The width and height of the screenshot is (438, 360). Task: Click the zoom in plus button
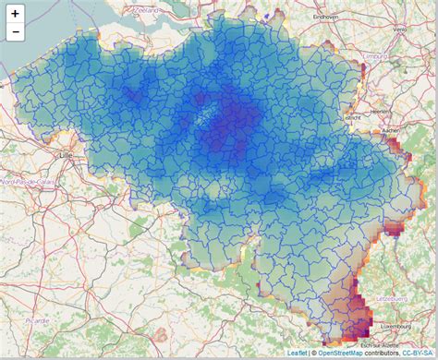(x=15, y=14)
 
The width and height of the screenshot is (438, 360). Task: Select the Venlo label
(x=399, y=28)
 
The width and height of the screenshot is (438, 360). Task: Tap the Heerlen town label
(x=379, y=110)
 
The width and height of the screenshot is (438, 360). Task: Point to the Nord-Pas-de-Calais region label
(x=25, y=183)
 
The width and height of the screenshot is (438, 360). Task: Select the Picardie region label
(x=38, y=319)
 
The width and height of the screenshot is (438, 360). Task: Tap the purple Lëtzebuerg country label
(x=392, y=300)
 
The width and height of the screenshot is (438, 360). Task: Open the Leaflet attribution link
(x=297, y=353)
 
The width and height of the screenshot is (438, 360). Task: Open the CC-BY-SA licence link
(x=418, y=353)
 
